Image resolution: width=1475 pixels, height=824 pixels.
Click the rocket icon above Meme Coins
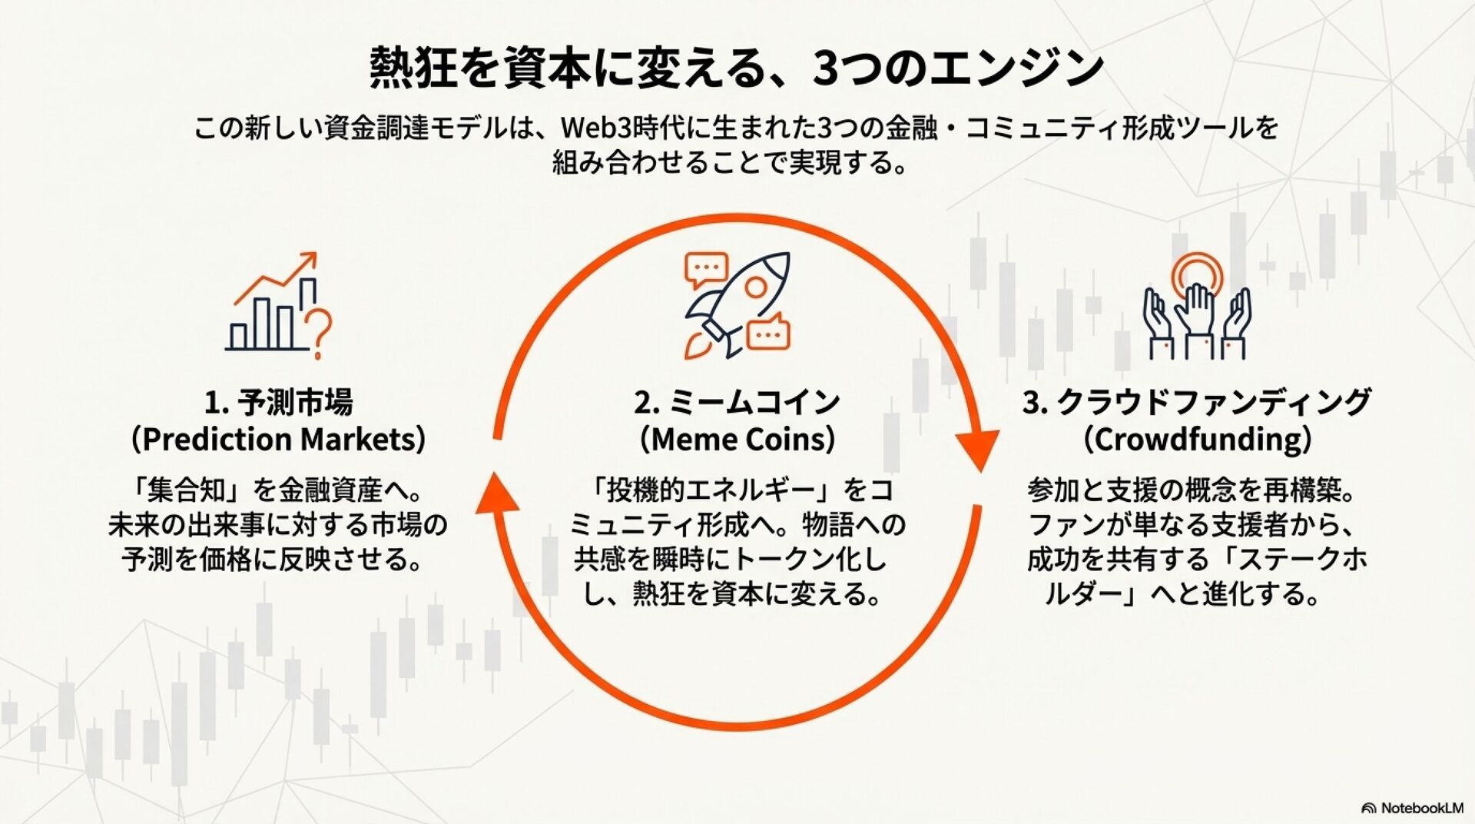coord(736,305)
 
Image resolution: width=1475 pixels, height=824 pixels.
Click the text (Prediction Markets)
coord(278,440)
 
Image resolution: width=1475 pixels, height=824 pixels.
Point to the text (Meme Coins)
coord(737,440)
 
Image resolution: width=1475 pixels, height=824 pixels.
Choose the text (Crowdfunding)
coord(1197,440)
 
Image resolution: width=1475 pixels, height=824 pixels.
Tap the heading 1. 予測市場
coord(278,402)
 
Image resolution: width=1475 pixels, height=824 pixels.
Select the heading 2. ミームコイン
coord(737,402)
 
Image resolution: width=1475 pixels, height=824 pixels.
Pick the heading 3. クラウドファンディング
coord(1197,402)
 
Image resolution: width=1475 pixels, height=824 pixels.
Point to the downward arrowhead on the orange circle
coord(977,450)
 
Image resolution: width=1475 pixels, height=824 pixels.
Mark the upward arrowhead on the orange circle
coord(496,492)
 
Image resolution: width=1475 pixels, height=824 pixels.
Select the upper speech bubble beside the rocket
coord(705,268)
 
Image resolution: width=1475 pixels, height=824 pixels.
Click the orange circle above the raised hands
coord(1196,272)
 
